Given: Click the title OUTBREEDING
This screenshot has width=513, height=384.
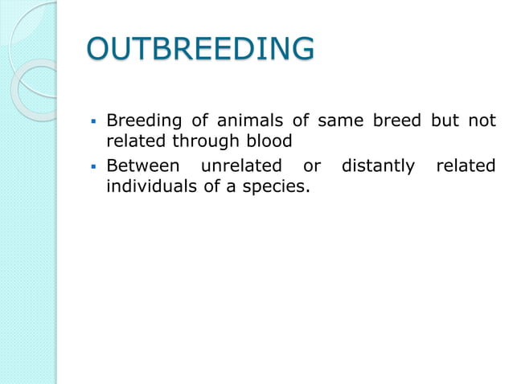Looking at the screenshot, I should click(x=200, y=49).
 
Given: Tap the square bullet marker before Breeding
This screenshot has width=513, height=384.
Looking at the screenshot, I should click(x=93, y=123).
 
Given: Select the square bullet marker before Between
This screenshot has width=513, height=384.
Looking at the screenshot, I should click(x=93, y=167).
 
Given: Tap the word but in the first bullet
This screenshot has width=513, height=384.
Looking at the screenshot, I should click(x=446, y=122).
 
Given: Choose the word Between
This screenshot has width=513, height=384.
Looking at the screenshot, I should click(x=142, y=166).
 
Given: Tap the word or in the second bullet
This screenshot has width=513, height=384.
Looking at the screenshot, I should click(x=312, y=166).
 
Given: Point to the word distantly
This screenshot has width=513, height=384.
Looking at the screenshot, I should click(x=379, y=166).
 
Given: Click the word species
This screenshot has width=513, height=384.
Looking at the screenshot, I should click(x=277, y=188).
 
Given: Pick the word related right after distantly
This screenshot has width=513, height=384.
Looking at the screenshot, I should click(x=466, y=166).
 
